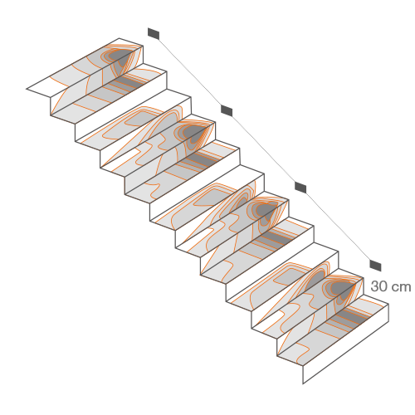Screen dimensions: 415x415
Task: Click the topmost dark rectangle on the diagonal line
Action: [x=154, y=33]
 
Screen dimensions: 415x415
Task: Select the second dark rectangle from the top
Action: [x=227, y=110]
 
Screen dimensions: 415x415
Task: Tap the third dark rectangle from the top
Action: [x=300, y=188]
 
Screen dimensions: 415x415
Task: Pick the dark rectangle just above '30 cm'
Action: [x=375, y=266]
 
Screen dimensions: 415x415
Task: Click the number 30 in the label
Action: [x=378, y=286]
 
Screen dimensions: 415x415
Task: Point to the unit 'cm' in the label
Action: [x=401, y=287]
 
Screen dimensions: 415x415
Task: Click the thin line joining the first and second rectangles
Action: [x=190, y=72]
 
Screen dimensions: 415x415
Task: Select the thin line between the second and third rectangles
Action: [x=264, y=149]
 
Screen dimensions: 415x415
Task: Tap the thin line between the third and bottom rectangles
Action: [x=338, y=227]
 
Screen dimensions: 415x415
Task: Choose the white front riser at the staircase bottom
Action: [x=346, y=344]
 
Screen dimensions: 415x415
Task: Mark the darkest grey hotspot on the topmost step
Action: [x=120, y=56]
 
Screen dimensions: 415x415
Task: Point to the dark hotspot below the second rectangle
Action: [x=194, y=132]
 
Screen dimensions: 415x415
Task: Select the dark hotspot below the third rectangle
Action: [x=266, y=210]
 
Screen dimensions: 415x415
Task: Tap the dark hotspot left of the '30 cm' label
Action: [x=342, y=288]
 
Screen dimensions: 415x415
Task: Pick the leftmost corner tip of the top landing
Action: [x=27, y=89]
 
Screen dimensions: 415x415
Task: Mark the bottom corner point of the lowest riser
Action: [x=303, y=384]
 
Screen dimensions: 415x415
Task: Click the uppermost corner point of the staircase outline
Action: [x=120, y=38]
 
